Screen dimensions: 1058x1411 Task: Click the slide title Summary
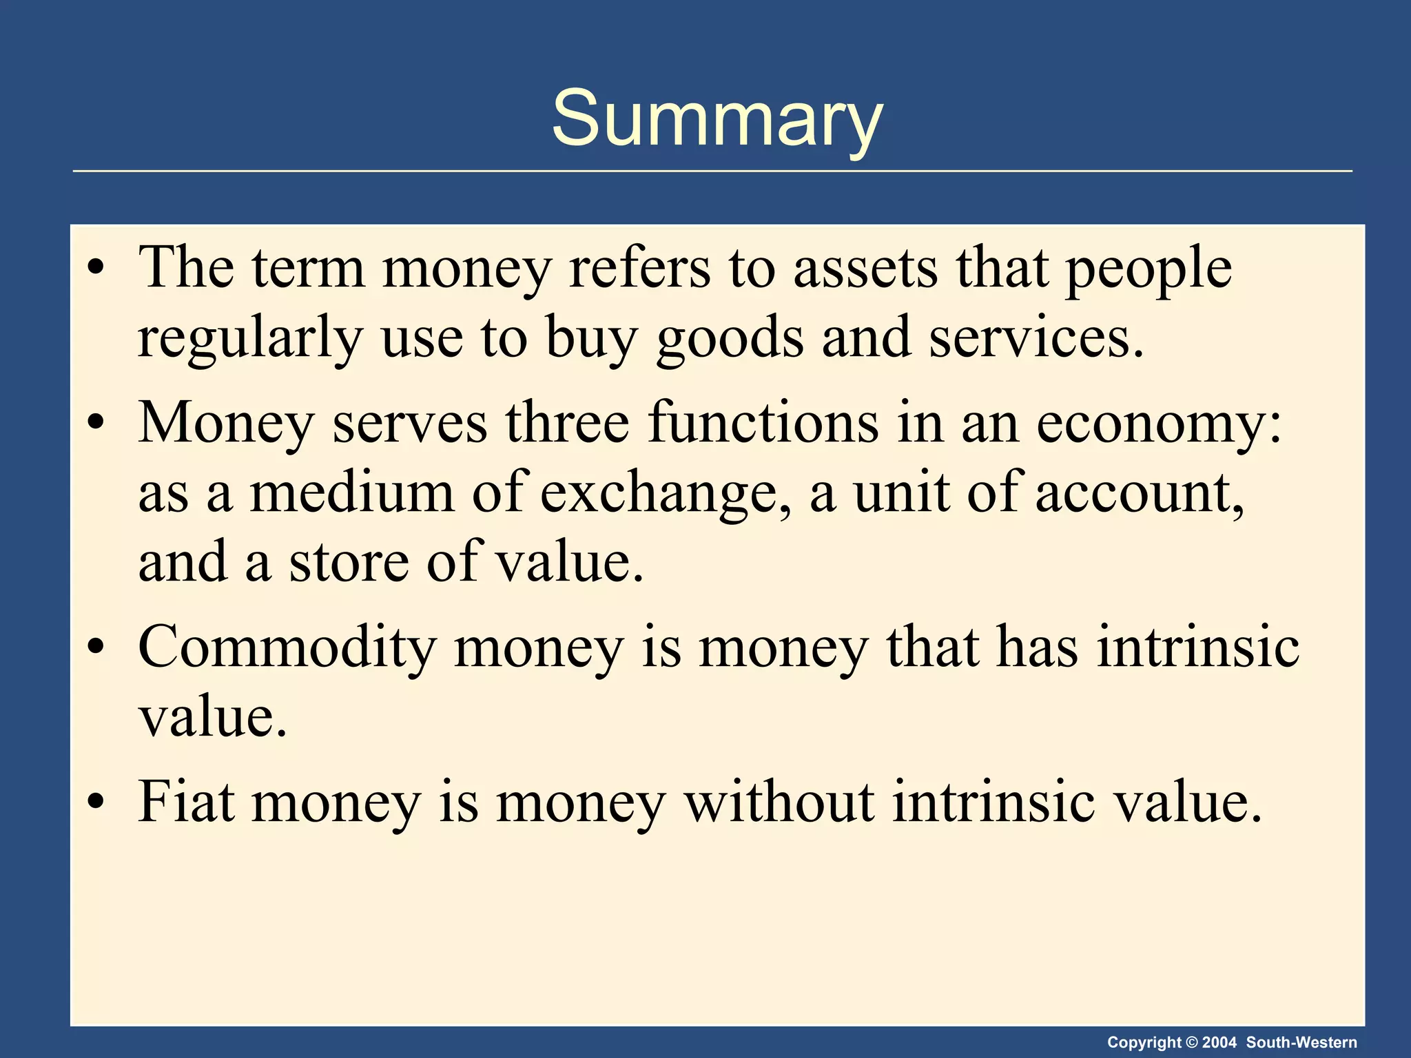coord(717,118)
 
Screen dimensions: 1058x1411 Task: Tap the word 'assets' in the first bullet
coord(865,269)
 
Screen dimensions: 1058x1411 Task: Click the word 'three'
coord(567,423)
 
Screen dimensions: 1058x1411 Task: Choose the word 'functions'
coord(763,423)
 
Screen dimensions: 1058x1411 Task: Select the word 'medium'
coord(351,493)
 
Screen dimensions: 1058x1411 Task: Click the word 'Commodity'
coord(287,649)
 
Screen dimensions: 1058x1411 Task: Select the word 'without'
coord(779,802)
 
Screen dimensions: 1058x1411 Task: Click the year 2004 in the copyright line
coord(1219,1043)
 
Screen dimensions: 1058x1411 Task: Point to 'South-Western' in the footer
coord(1301,1043)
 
